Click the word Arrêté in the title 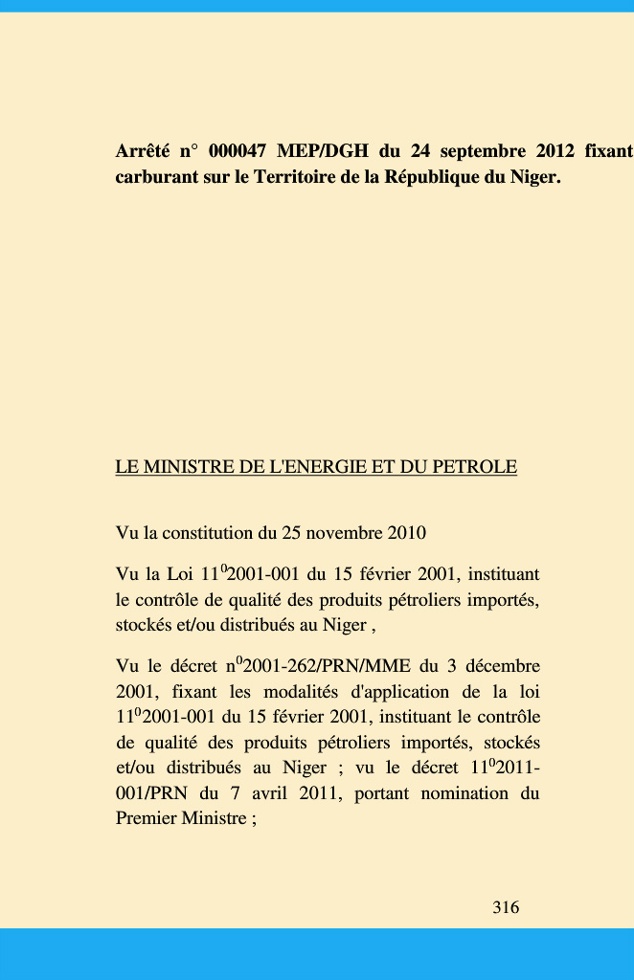click(x=143, y=151)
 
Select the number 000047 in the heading click(x=237, y=151)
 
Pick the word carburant click(x=157, y=178)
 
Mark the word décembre click(x=503, y=666)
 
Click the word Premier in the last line click(x=146, y=818)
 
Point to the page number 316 click(x=506, y=907)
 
